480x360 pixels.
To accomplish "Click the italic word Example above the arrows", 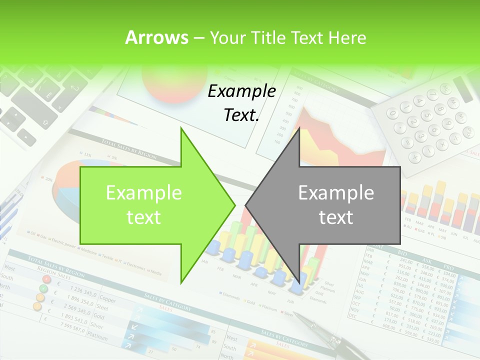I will pyautogui.click(x=241, y=91).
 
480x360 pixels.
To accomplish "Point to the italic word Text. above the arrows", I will pyautogui.click(x=241, y=115).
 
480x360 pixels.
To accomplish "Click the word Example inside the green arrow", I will pyautogui.click(x=143, y=192).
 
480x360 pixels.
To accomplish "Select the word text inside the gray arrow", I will pyautogui.click(x=336, y=217).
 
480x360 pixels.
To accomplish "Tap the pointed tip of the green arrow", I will pyautogui.click(x=234, y=204).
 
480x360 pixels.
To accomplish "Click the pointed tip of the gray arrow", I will pyautogui.click(x=246, y=204).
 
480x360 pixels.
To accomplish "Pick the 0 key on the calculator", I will pyautogui.click(x=393, y=114).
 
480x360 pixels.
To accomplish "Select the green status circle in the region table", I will pyautogui.click(x=44, y=288).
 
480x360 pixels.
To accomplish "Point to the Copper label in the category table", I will pyautogui.click(x=106, y=300).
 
